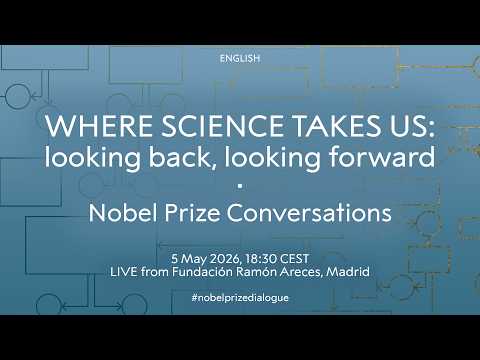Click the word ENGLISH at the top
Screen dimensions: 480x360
(240, 58)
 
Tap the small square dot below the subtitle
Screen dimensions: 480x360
(240, 187)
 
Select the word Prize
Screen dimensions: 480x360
(192, 213)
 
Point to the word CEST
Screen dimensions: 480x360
(295, 259)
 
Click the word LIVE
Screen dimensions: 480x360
(124, 272)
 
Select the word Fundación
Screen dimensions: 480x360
(202, 272)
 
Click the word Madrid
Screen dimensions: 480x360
(348, 272)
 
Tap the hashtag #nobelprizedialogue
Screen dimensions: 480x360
(240, 298)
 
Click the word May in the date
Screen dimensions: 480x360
(194, 259)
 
